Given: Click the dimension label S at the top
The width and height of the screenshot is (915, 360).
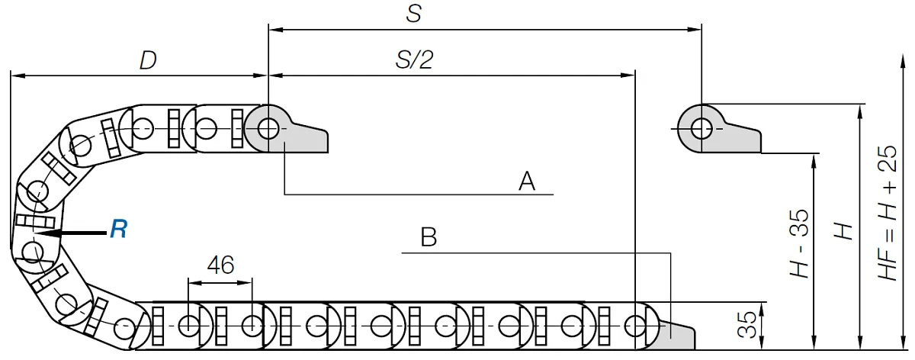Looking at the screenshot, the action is [414, 13].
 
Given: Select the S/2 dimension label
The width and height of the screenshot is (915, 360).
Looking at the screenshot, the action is [414, 59].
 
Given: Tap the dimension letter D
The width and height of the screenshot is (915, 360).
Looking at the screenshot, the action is [148, 60].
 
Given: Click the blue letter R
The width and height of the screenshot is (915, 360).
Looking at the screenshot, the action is [118, 229].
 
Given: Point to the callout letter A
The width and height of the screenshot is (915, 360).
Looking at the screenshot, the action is [527, 182].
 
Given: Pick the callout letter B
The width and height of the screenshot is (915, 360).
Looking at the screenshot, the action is [429, 237].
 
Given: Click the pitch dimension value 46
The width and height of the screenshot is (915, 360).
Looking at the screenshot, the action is [220, 265].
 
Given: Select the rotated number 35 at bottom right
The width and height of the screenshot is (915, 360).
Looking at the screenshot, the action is [747, 325].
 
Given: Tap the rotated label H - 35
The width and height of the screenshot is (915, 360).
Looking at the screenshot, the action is [799, 243].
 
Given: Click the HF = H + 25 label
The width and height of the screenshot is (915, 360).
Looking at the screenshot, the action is [888, 213].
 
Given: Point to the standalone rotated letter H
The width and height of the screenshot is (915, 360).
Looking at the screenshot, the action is [843, 231].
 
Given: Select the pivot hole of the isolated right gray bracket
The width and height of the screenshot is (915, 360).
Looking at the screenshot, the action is [701, 129].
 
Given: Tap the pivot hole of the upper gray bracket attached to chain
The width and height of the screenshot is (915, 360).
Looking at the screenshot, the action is [268, 129].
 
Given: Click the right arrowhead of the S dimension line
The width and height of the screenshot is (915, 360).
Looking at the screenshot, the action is [695, 30].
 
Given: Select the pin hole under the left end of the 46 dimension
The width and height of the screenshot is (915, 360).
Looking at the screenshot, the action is [188, 326].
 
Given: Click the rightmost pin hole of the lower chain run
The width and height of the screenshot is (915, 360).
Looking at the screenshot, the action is [635, 326].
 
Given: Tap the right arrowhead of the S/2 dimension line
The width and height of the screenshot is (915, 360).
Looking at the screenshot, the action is [628, 76].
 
